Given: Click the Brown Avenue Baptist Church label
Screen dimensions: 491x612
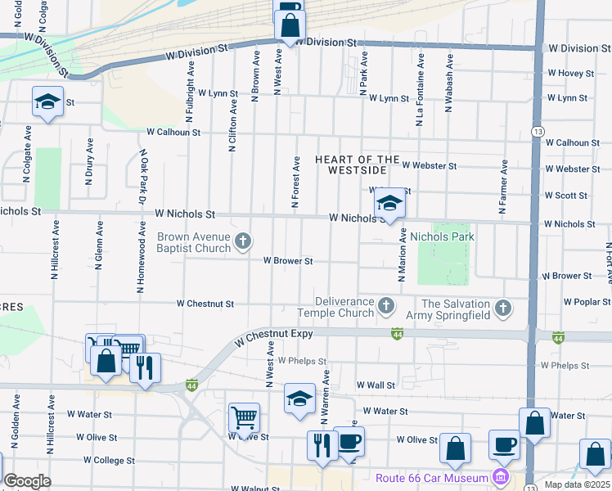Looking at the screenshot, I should click(x=195, y=242).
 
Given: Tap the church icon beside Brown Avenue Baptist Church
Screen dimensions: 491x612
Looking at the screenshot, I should click(x=242, y=241).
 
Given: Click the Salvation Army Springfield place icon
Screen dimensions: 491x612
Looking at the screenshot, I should click(x=503, y=309).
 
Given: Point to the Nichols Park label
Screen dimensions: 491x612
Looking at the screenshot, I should click(x=442, y=237).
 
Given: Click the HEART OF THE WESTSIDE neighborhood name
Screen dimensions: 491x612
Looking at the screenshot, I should click(x=358, y=165).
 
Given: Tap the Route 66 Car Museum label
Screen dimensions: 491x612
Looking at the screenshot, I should click(x=431, y=478).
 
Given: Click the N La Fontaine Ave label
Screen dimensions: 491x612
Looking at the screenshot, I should click(x=420, y=90).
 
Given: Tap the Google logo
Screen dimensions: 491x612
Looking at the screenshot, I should click(x=28, y=481).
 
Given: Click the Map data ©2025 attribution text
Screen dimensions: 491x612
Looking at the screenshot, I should click(x=577, y=484).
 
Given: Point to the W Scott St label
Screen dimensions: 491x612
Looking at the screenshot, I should click(x=566, y=196).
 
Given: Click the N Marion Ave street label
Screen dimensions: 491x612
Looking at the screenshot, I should click(x=402, y=255).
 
